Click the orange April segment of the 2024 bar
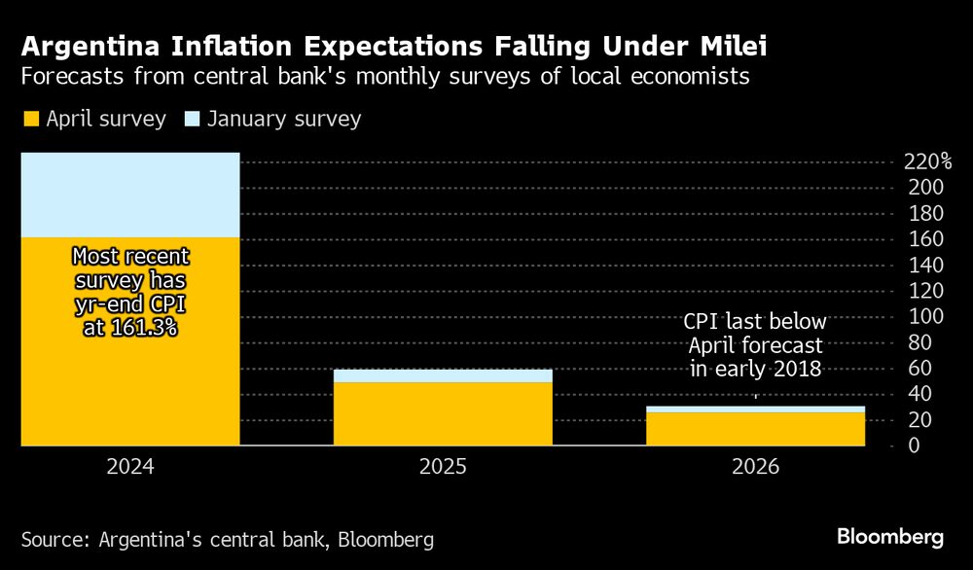[130, 370]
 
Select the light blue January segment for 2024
[130, 195]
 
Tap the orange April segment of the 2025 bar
[443, 413]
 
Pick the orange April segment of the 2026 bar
[756, 429]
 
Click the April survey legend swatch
[31, 120]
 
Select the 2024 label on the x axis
[130, 467]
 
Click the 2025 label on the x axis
[443, 467]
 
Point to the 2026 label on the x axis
[756, 467]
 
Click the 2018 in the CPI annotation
[799, 369]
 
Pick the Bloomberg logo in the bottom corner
[890, 537]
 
